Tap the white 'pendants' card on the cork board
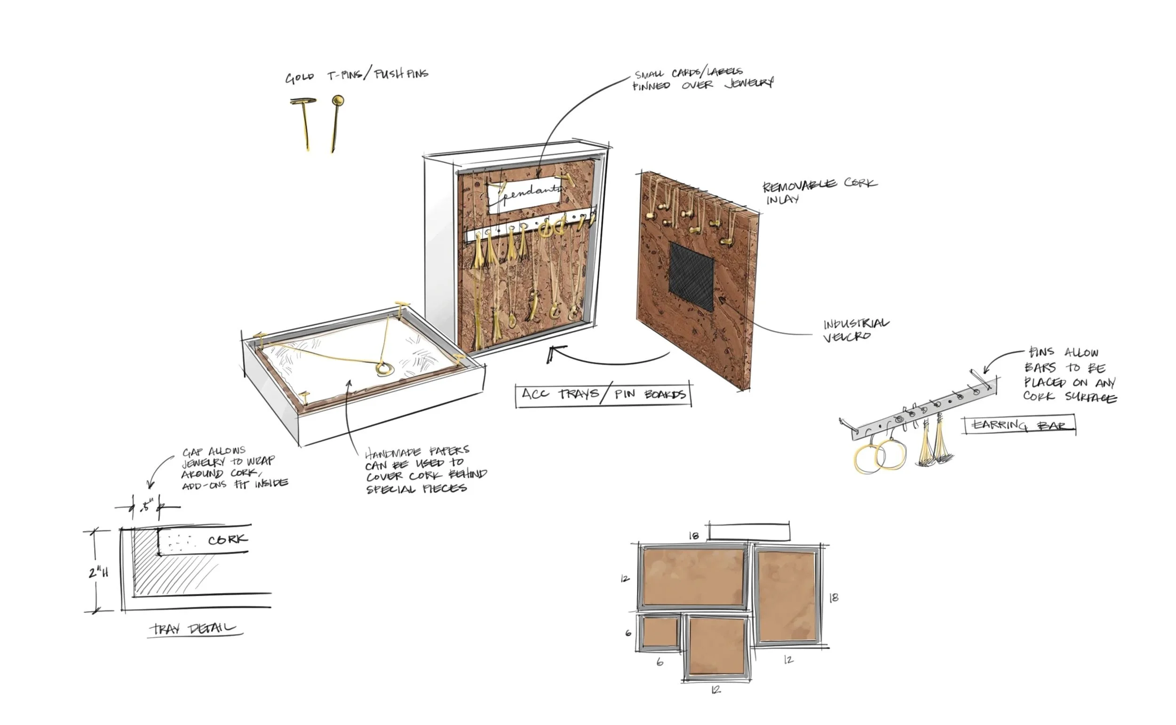point(525,195)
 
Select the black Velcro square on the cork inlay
point(691,275)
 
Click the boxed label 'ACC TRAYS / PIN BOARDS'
point(603,394)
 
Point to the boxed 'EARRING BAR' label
point(1019,425)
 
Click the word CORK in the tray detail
point(228,539)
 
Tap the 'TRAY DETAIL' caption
point(194,628)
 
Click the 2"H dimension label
point(98,572)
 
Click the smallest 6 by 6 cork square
point(660,632)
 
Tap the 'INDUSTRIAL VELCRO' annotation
point(855,330)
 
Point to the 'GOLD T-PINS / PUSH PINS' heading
point(357,76)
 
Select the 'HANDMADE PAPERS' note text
point(424,470)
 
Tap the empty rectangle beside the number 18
point(748,532)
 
